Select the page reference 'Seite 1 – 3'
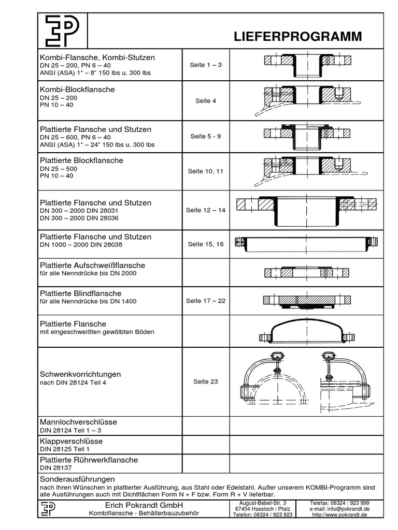[x=206, y=65]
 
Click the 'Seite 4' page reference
[x=206, y=101]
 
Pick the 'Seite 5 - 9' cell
[x=206, y=137]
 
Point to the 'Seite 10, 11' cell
[x=206, y=171]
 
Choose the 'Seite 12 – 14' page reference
[x=206, y=211]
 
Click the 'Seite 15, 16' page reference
[x=206, y=244]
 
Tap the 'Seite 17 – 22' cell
[x=206, y=301]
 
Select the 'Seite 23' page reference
[x=206, y=381]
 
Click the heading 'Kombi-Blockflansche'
[x=77, y=90]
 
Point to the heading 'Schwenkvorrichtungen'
[x=80, y=374]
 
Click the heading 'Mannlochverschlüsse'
[x=78, y=422]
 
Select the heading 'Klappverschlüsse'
[x=71, y=441]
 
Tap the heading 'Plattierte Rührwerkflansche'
[x=89, y=460]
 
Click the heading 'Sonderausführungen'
[x=77, y=479]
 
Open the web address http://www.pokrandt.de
[x=339, y=516]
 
